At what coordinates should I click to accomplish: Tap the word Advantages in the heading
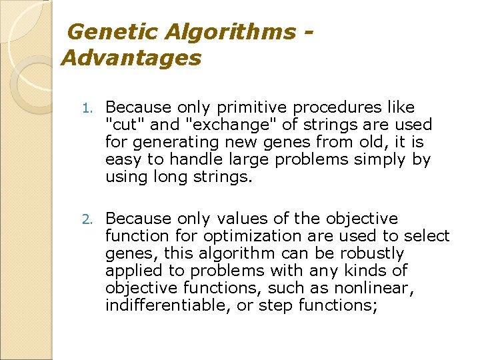[131, 58]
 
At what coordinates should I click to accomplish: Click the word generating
[166, 142]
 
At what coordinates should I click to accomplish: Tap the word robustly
[369, 253]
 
